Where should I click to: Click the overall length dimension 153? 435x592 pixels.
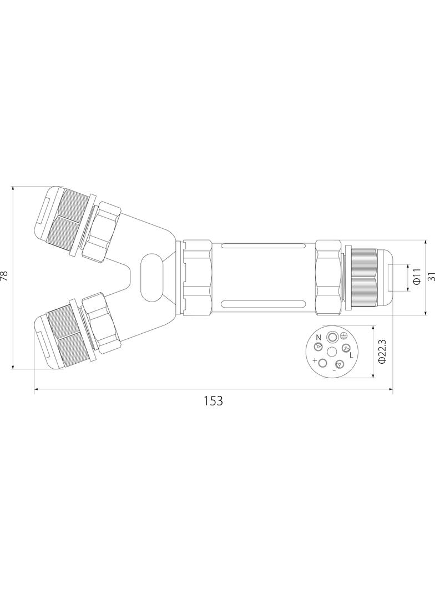point(213,400)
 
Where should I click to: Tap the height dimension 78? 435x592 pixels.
point(5,276)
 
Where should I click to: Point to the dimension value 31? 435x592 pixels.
point(430,277)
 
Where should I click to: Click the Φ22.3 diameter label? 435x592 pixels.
point(382,352)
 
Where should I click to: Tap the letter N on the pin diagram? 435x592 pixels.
point(318,337)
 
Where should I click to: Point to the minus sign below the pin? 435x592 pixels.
point(334,370)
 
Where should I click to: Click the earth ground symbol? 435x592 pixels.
point(343,335)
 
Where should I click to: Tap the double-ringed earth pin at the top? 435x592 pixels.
point(332,337)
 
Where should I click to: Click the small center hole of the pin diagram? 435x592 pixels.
point(332,352)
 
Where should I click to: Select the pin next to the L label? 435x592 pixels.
point(345,349)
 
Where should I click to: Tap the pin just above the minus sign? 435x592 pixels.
point(339,364)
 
